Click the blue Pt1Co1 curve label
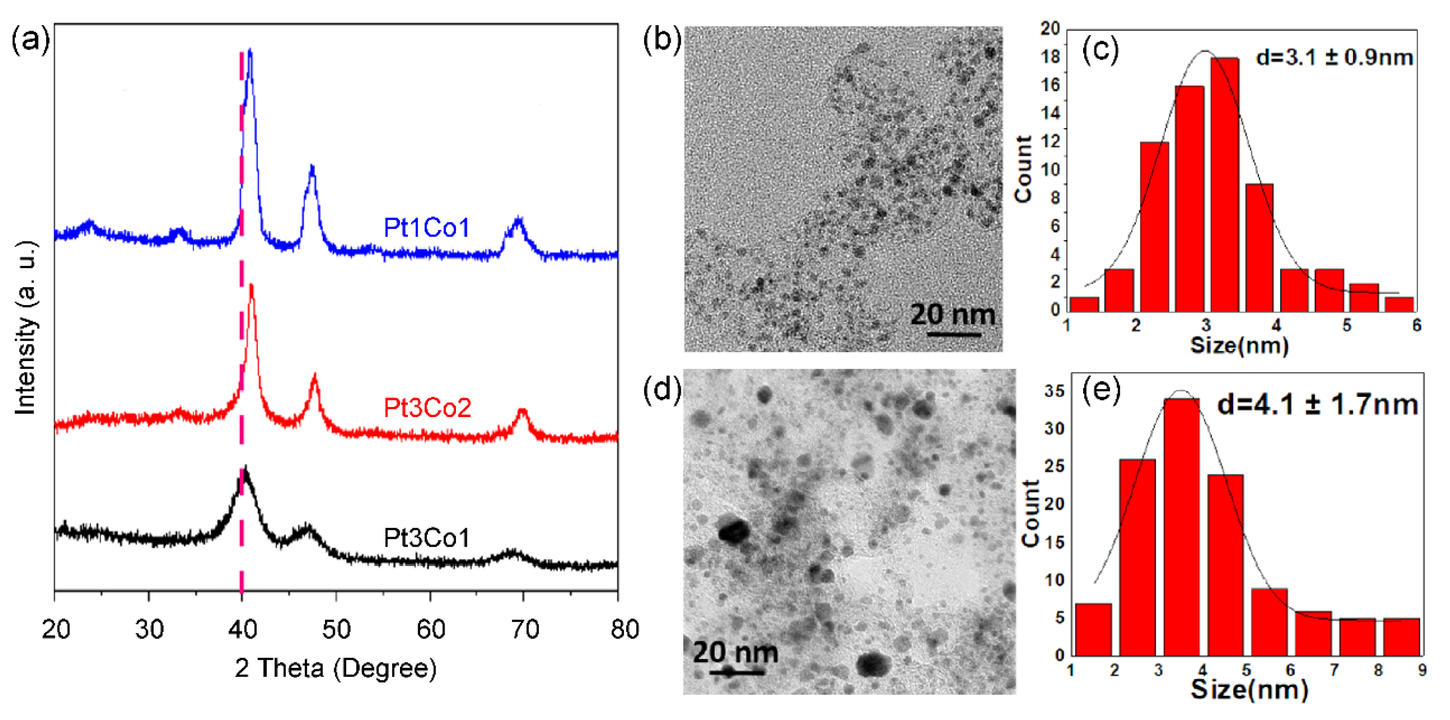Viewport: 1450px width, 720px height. [x=426, y=228]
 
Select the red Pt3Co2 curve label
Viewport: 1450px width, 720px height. [x=427, y=407]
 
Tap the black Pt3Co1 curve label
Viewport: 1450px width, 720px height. [x=426, y=537]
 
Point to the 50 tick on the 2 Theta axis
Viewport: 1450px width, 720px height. [x=336, y=629]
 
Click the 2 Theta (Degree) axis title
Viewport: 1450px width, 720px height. [x=336, y=668]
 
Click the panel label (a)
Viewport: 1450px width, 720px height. [x=30, y=42]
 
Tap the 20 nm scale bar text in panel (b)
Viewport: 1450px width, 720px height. [x=953, y=314]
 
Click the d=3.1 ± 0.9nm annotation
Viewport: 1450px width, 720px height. [x=1334, y=57]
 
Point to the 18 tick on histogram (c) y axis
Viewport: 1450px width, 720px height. [x=1050, y=57]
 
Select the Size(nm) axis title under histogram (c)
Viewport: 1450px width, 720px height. [x=1239, y=344]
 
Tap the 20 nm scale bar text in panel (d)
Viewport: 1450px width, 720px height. [x=735, y=652]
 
